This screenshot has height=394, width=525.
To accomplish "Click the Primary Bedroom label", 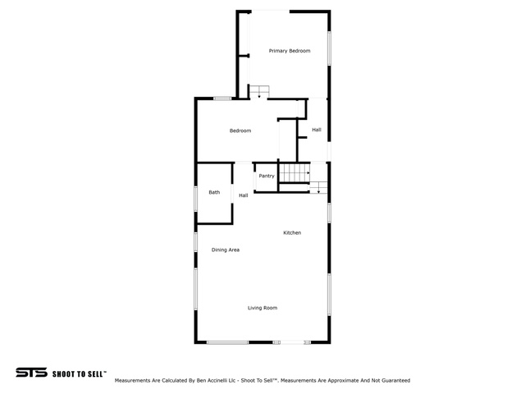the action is click(x=290, y=51).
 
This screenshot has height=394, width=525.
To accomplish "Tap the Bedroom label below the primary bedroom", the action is click(x=240, y=131).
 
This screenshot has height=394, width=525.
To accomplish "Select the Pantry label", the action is click(x=267, y=176).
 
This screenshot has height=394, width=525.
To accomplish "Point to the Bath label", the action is click(x=214, y=192).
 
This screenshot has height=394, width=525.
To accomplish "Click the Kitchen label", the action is click(x=292, y=232).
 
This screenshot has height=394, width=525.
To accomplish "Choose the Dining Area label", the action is click(x=226, y=250).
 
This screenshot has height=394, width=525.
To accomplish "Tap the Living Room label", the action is click(x=262, y=308).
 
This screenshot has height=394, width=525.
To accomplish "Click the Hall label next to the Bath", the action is click(x=244, y=195).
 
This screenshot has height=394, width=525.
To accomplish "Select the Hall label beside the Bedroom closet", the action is click(x=317, y=130).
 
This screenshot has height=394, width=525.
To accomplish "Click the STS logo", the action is click(x=31, y=372).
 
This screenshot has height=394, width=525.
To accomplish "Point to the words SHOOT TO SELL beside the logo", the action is click(x=78, y=374).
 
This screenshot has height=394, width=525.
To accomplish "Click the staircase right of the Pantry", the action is click(x=294, y=173).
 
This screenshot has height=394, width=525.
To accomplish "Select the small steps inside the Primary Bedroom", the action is click(x=259, y=91).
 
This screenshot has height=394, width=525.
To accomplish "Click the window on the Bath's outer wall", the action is click(x=196, y=199).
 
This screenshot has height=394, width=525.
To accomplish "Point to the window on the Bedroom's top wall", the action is click(x=222, y=98).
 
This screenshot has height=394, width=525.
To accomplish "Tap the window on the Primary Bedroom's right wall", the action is click(x=329, y=48).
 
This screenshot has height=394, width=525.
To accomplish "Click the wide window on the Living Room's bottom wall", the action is click(x=227, y=342).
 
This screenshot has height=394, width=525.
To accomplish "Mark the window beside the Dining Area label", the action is click(x=196, y=242).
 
